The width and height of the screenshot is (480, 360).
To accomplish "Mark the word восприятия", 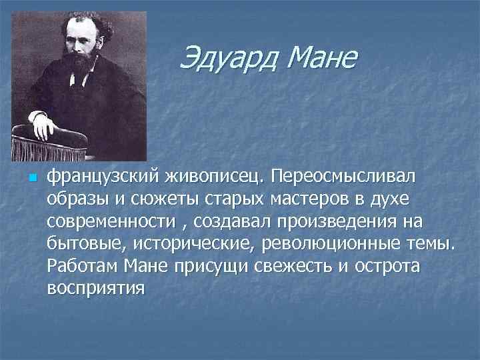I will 96,289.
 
